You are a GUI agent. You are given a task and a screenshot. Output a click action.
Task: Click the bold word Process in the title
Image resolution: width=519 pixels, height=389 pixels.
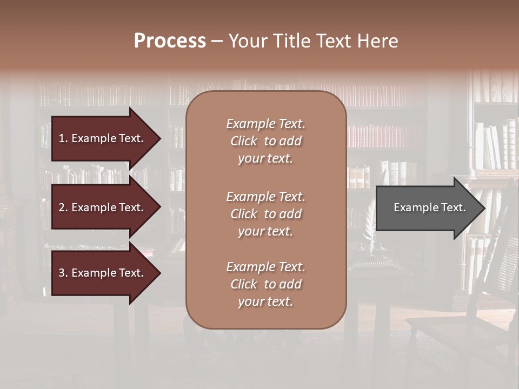(x=170, y=41)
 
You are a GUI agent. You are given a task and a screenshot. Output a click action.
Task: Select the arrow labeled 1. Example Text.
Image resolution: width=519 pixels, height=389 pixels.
(x=103, y=138)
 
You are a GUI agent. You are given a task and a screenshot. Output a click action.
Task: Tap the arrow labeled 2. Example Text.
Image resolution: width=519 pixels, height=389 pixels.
(x=103, y=207)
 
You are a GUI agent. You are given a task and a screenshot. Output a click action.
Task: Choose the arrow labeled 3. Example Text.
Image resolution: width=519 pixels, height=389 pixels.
(x=103, y=273)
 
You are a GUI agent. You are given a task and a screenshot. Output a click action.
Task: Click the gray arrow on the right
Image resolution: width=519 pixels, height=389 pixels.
(x=427, y=207)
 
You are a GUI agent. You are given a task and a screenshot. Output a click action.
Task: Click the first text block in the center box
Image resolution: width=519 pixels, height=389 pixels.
(x=265, y=141)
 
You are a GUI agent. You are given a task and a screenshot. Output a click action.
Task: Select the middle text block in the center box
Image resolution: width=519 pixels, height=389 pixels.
(x=265, y=214)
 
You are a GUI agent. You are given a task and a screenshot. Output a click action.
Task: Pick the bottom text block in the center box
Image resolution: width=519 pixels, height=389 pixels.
(x=265, y=284)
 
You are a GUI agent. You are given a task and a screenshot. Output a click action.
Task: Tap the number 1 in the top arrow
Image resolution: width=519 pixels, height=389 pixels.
(x=62, y=138)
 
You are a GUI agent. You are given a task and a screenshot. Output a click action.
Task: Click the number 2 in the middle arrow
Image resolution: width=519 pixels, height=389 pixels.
(x=62, y=207)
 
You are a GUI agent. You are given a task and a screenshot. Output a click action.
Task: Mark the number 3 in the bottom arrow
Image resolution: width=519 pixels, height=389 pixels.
(x=62, y=273)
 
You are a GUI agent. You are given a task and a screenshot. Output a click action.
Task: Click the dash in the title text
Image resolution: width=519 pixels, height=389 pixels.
(x=217, y=42)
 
